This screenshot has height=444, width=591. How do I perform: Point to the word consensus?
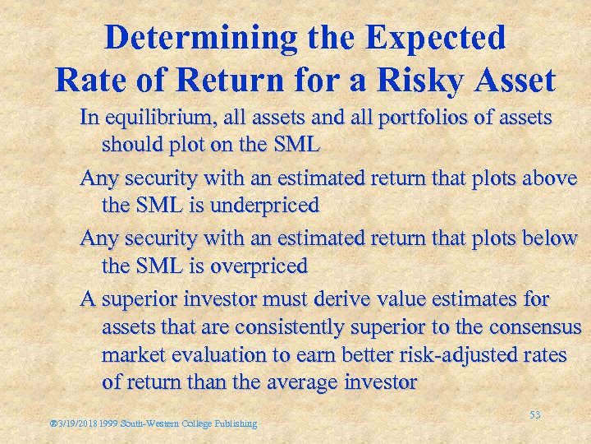[535, 327]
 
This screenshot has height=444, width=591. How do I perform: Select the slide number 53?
[534, 416]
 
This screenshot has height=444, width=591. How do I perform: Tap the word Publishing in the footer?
[236, 424]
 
